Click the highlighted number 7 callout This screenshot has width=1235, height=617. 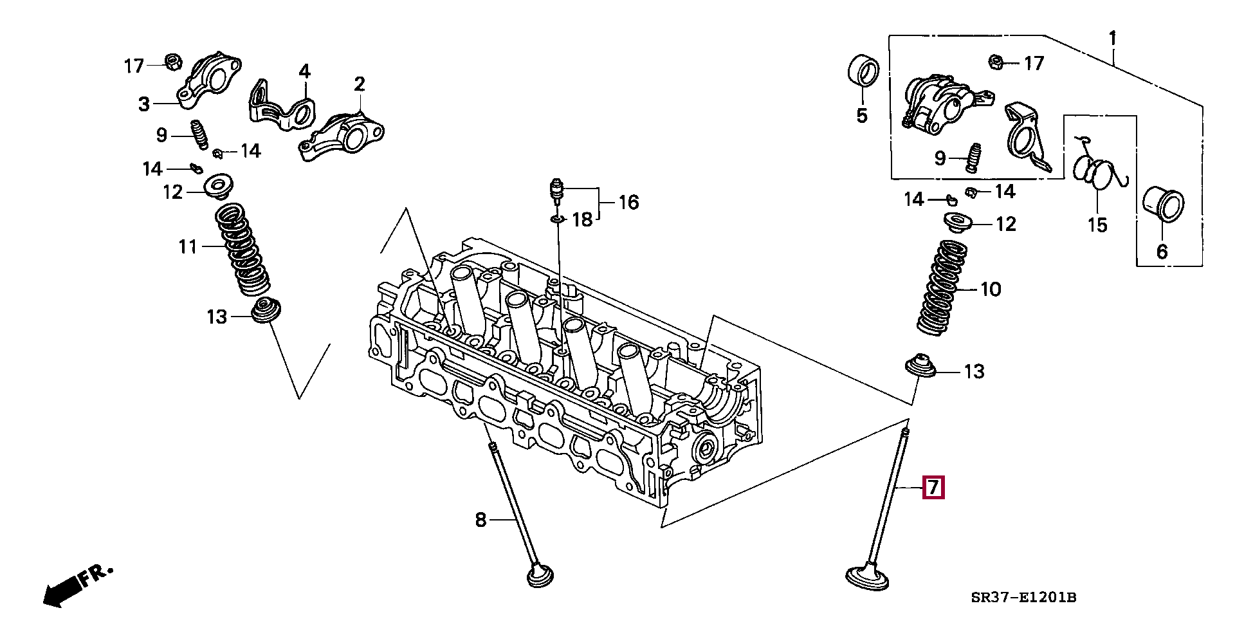click(x=933, y=487)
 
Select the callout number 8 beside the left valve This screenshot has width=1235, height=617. click(x=480, y=520)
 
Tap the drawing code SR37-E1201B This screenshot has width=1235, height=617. click(x=1023, y=598)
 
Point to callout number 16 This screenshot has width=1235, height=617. click(x=628, y=203)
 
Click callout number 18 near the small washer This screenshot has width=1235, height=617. click(x=582, y=220)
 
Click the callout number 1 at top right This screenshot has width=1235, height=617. click(x=1112, y=39)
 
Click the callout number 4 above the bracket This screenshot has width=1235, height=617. click(x=304, y=71)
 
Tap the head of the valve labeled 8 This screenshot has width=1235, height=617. click(x=540, y=575)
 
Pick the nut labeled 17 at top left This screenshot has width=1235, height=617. click(x=172, y=62)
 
